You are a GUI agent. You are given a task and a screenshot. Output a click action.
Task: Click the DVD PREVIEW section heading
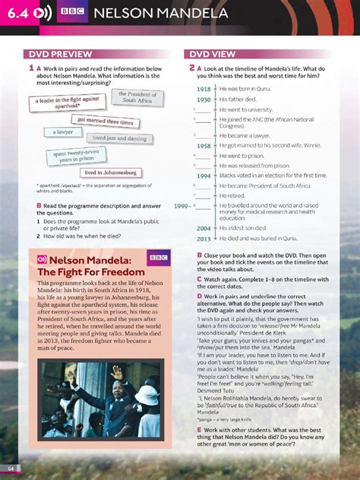[61, 54]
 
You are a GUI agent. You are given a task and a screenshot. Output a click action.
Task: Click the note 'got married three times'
[106, 122]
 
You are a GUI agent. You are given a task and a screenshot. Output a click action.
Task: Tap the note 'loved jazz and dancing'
[117, 138]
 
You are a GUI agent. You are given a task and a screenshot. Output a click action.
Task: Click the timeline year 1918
[203, 89]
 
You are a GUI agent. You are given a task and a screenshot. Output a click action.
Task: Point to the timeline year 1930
[203, 99]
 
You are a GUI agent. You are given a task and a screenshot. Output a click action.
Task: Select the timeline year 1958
[203, 145]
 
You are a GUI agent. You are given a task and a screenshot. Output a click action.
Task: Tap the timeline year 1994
[203, 175]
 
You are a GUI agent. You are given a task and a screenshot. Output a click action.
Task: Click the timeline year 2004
[203, 228]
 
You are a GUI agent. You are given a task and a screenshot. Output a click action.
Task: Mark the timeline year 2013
[203, 238]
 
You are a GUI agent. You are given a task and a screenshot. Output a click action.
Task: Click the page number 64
[11, 466]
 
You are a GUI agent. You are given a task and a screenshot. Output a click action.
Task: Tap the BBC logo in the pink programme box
[158, 259]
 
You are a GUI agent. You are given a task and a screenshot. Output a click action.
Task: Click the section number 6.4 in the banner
[16, 14]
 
